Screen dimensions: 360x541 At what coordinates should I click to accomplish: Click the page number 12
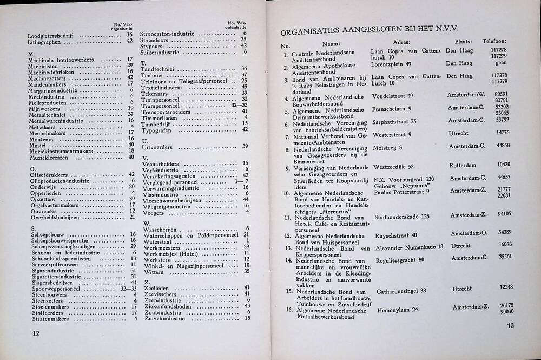[37, 333]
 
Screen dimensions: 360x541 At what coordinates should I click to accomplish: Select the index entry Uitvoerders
[157, 146]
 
